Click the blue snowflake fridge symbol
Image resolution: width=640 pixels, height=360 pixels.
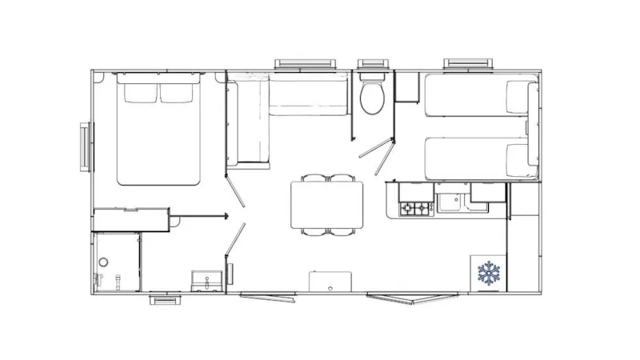(489, 274)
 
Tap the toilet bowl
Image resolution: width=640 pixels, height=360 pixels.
(371, 98)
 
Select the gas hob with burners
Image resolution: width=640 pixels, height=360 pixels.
(416, 209)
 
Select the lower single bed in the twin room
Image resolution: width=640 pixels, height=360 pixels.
(478, 158)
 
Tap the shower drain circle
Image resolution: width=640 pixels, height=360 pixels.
(102, 263)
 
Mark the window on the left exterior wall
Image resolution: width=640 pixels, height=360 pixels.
(85, 146)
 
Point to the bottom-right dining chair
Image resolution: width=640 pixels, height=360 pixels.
(342, 232)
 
